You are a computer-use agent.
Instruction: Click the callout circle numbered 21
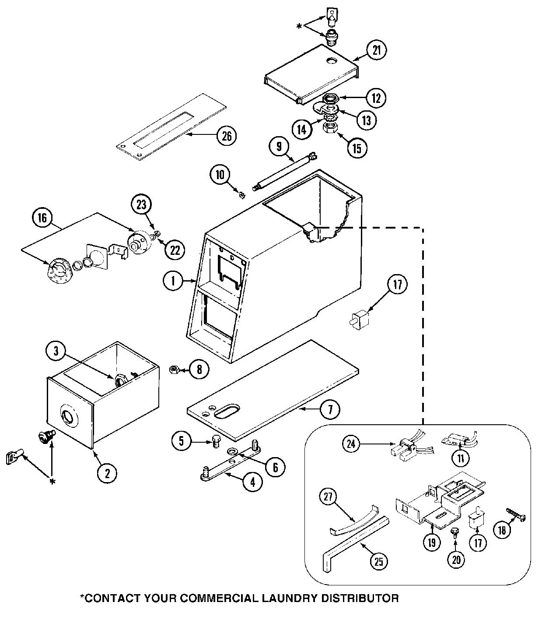pyautogui.click(x=377, y=50)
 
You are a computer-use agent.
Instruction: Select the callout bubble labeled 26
pyautogui.click(x=226, y=136)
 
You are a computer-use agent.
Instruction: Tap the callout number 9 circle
pyautogui.click(x=279, y=146)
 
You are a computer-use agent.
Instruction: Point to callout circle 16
pyautogui.click(x=42, y=218)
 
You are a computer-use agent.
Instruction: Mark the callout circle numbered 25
pyautogui.click(x=379, y=562)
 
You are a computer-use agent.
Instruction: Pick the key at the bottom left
pyautogui.click(x=13, y=458)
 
